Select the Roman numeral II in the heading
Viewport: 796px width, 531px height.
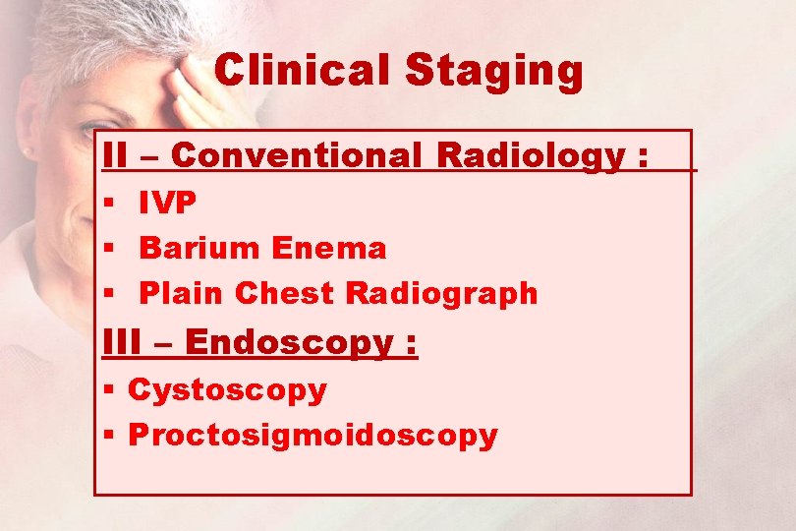(x=115, y=155)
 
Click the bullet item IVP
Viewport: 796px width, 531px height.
(x=168, y=204)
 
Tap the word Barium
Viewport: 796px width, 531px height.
(x=199, y=248)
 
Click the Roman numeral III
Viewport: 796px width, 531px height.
(x=123, y=342)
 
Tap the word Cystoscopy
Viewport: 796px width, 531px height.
(x=227, y=389)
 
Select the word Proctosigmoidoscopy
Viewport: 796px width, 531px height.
(x=313, y=435)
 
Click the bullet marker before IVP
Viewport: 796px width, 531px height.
(x=107, y=205)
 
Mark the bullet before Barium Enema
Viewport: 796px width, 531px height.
(x=107, y=249)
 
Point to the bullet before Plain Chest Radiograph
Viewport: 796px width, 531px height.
(x=107, y=294)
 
